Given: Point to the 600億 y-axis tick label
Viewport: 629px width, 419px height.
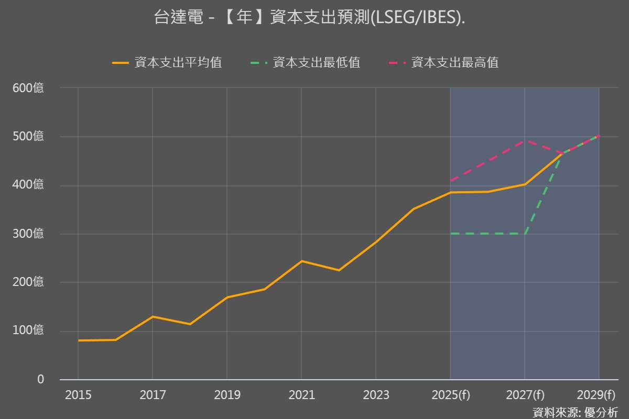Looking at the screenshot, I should [x=28, y=88].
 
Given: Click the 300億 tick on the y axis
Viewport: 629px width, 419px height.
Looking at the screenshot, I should [x=28, y=234].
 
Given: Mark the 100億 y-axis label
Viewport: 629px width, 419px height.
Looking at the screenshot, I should [x=28, y=330].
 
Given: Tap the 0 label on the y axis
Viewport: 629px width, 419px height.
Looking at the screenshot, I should [x=40, y=379].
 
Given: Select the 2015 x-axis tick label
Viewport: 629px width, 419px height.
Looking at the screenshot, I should [x=78, y=395].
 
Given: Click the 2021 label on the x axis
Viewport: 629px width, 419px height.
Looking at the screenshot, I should [x=301, y=395].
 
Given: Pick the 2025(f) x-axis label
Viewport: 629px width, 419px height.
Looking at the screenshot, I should [x=451, y=395].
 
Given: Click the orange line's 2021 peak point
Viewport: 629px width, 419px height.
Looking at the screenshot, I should [x=301, y=261].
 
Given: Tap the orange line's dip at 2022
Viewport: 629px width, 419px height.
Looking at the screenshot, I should [x=339, y=270].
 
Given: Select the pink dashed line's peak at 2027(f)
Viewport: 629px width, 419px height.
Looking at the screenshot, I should [x=525, y=140].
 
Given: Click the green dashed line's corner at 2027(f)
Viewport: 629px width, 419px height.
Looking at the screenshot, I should [x=525, y=234].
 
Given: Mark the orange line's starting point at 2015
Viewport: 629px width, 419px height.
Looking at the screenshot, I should [x=78, y=340].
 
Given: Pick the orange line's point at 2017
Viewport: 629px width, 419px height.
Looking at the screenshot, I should [x=153, y=316].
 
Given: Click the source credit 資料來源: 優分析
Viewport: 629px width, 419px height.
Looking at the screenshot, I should [x=575, y=412].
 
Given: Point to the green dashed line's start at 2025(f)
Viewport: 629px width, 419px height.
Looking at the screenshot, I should [x=450, y=234].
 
